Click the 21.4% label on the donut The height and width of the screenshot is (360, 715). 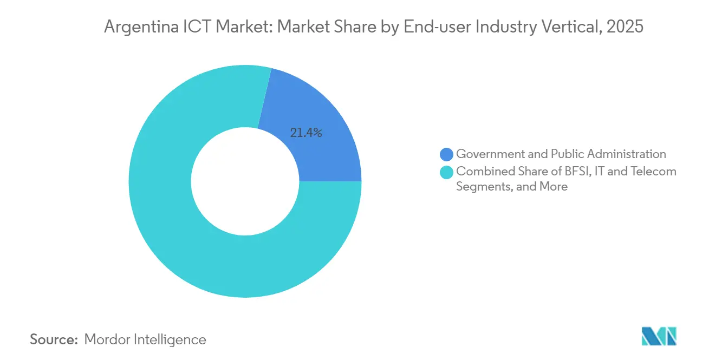[306, 133]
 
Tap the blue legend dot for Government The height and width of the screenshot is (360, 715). [447, 154]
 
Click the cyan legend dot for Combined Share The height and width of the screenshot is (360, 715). [447, 172]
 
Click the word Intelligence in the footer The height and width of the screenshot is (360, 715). [172, 339]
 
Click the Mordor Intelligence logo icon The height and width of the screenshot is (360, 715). [659, 336]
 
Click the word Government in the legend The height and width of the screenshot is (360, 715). [491, 154]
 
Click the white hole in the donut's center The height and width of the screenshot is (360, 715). [245, 181]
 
